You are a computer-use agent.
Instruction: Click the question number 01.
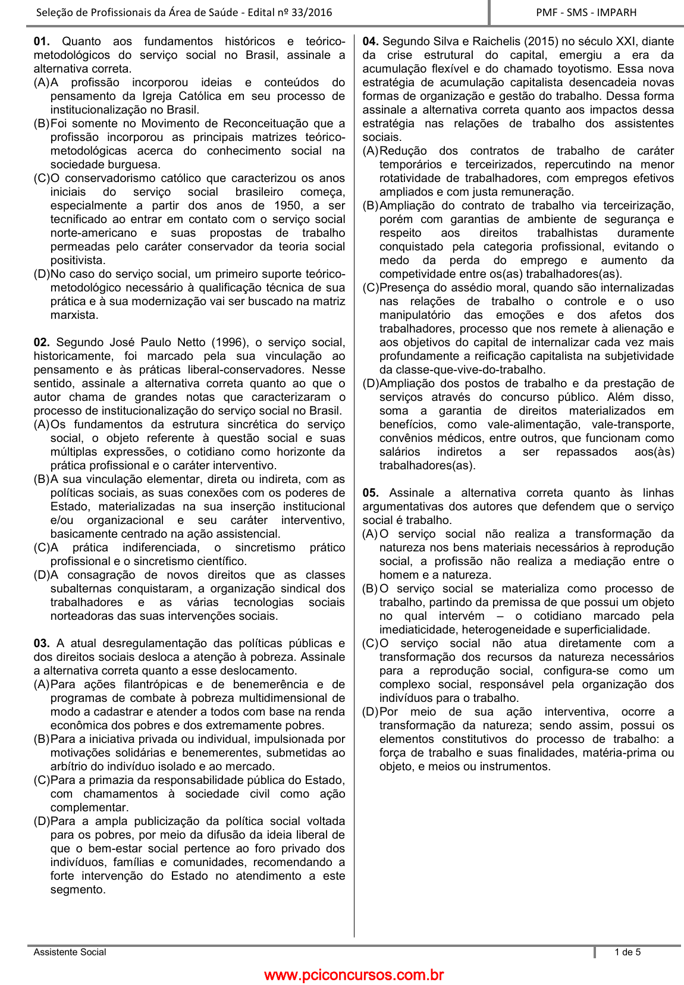pos(41,42)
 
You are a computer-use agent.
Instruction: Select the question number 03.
pos(41,644)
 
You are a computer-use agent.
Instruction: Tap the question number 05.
pos(371,493)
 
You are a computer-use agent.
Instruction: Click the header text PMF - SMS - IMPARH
pos(586,12)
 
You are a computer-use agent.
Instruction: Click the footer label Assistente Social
pos(70,952)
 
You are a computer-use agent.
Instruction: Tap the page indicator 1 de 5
pos(627,952)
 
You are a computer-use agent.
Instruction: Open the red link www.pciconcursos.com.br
pos(354,975)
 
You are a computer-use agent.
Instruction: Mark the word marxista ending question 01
pos(74,315)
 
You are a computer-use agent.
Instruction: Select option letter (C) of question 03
pos(42,780)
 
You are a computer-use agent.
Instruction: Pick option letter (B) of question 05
pos(371,589)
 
